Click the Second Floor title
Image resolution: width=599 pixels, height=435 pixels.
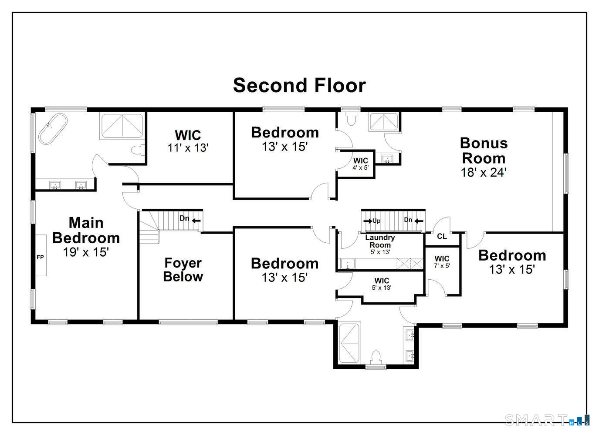pyautogui.click(x=299, y=85)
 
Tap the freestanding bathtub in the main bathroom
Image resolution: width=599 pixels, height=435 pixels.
pyautogui.click(x=53, y=129)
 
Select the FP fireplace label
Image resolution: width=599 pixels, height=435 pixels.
pyautogui.click(x=40, y=257)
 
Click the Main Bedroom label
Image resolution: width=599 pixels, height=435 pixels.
pyautogui.click(x=86, y=230)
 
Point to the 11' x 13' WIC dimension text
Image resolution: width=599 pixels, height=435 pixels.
pyautogui.click(x=188, y=148)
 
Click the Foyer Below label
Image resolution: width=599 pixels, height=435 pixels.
pyautogui.click(x=183, y=270)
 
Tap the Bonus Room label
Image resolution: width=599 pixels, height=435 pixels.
pyautogui.click(x=484, y=151)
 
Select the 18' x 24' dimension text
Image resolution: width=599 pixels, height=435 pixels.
pyautogui.click(x=484, y=172)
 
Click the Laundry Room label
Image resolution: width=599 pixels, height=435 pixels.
pyautogui.click(x=380, y=241)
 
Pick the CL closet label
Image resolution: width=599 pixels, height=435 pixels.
pyautogui.click(x=442, y=237)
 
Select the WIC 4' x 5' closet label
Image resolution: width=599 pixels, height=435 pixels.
pyautogui.click(x=361, y=164)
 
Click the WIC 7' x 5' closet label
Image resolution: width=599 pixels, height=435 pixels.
pyautogui.click(x=442, y=262)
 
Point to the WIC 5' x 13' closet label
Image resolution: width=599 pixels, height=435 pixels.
pyautogui.click(x=382, y=284)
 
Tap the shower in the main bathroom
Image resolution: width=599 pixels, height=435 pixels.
pyautogui.click(x=122, y=126)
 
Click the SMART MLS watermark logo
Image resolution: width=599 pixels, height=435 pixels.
pyautogui.click(x=547, y=420)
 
